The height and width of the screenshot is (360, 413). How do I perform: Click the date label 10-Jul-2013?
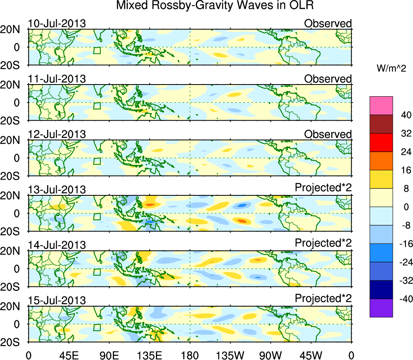(57, 23)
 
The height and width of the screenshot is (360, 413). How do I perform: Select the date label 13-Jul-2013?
(57, 190)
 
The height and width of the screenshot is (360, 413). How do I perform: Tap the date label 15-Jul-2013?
(57, 300)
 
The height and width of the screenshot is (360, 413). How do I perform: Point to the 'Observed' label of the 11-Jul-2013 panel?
(328, 79)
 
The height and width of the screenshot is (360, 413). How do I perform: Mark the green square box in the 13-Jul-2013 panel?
(97, 216)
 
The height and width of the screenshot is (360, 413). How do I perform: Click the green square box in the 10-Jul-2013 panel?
(97, 50)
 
